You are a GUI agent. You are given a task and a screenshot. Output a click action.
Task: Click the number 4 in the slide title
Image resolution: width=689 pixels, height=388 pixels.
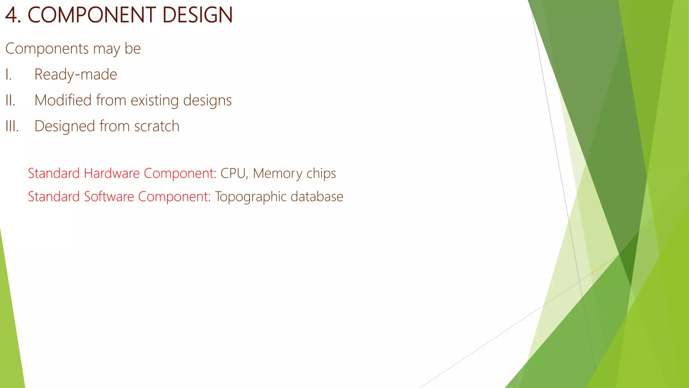[x=12, y=15]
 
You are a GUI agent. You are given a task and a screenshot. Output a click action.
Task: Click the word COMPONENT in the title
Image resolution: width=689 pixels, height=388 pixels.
[x=92, y=15]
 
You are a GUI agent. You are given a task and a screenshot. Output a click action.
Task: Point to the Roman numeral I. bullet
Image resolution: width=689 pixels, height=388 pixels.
[x=8, y=74]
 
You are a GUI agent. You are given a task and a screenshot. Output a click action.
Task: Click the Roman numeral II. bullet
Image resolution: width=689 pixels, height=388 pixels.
[x=10, y=100]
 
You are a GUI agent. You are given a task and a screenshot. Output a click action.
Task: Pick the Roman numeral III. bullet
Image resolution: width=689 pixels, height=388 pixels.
[x=12, y=126]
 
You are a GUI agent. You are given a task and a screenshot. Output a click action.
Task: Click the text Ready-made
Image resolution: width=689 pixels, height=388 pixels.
[x=76, y=74]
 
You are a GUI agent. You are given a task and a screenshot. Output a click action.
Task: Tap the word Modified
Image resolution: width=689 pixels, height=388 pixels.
[x=63, y=100]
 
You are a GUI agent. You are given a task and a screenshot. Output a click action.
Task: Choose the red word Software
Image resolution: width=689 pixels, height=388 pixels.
[x=109, y=197]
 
